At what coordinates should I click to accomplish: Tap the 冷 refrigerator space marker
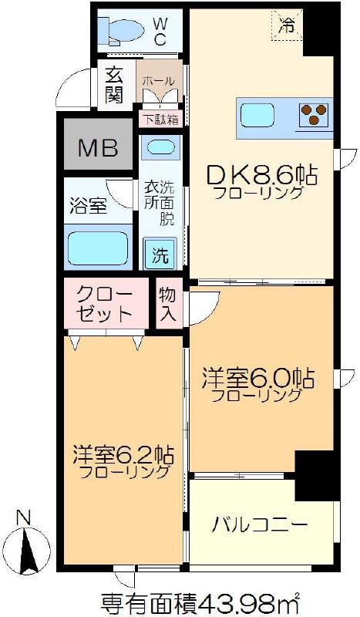click(287, 26)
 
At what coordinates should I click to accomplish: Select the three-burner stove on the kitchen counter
click(313, 114)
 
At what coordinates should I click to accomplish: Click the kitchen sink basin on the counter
click(257, 114)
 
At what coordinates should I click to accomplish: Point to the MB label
click(98, 148)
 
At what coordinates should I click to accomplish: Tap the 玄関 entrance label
click(115, 86)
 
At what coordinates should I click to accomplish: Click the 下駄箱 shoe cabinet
click(160, 120)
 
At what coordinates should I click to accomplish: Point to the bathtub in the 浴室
click(98, 248)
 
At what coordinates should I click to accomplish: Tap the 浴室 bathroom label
click(89, 206)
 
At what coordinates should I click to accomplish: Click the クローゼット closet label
click(104, 304)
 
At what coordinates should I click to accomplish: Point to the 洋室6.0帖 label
click(257, 378)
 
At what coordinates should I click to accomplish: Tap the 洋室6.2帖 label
click(123, 455)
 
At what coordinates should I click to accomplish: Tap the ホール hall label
click(158, 82)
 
